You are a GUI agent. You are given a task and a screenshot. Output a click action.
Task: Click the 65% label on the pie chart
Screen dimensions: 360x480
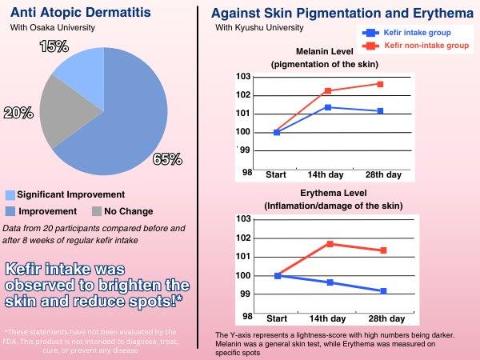[166, 159]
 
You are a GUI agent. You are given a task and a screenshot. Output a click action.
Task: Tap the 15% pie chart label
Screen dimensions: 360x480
[54, 47]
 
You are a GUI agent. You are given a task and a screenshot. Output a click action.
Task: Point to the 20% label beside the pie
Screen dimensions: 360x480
[18, 113]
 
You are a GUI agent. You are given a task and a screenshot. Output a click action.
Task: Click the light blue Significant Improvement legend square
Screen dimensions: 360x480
[10, 194]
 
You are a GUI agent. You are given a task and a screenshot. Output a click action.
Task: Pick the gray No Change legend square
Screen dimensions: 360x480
[97, 211]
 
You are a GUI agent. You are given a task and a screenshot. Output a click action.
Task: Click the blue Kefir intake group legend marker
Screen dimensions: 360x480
[370, 33]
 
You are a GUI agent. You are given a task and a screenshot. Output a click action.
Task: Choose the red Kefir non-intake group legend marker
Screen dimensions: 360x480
[370, 46]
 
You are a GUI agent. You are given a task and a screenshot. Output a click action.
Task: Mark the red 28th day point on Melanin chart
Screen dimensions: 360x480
[380, 84]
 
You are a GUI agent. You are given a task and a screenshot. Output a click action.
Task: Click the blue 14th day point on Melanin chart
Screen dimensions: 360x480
[328, 107]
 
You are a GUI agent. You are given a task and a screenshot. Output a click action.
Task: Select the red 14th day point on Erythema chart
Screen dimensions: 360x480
[329, 243]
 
